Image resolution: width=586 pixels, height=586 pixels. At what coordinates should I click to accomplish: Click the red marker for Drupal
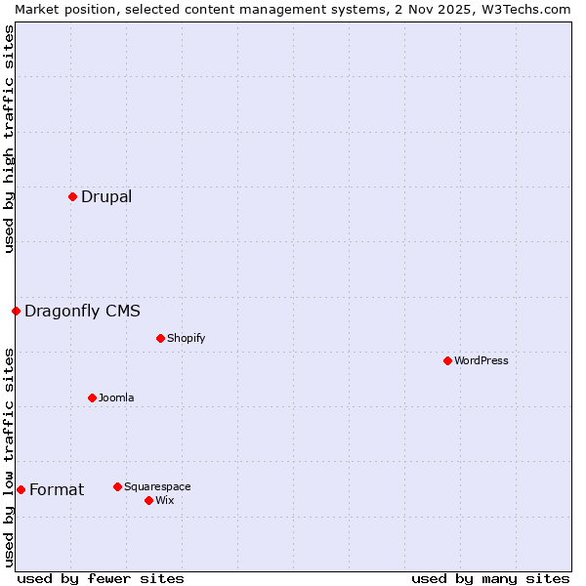point(72,196)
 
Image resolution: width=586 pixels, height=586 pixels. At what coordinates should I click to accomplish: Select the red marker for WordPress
point(447,360)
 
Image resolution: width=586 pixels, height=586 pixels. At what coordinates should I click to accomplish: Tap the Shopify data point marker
point(160,338)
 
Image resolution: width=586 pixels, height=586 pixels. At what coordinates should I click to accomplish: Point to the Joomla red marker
point(92,398)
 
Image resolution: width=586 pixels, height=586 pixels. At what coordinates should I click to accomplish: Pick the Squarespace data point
point(117,486)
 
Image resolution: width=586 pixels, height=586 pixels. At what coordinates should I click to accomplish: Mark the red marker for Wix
point(148,500)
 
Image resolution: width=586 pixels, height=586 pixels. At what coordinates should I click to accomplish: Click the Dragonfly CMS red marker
point(16,311)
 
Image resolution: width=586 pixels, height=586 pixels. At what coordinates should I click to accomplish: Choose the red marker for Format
point(21,489)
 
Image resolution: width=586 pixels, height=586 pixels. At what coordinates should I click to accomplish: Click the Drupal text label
point(106,196)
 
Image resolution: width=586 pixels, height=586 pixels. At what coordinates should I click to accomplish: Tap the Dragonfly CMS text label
point(82,311)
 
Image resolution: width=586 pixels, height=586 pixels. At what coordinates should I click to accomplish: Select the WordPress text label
point(481,360)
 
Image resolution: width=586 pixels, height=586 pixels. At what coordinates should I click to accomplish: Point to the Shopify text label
point(186,338)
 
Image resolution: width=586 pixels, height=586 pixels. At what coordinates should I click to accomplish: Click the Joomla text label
point(116,398)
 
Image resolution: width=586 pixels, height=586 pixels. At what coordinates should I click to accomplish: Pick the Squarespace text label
point(157,486)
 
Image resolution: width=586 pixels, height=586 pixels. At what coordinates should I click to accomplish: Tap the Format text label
point(57,489)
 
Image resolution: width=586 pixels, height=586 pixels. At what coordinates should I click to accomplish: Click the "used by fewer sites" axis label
point(101,578)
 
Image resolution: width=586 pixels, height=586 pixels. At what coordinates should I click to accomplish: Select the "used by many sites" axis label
point(490,578)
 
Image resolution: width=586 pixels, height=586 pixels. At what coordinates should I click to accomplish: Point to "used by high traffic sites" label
point(9,139)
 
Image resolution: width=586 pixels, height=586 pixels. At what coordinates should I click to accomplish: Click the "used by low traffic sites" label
point(9,457)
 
